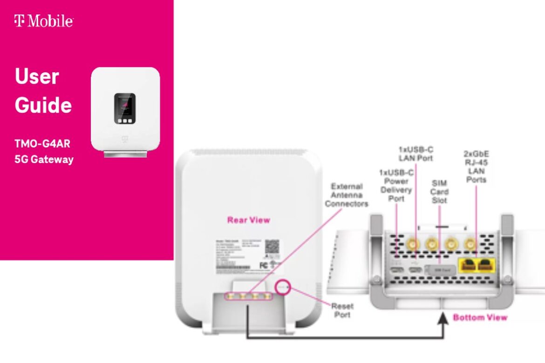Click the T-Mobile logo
(43, 21)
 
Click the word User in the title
(37, 76)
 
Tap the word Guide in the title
(43, 106)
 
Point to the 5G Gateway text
(44, 160)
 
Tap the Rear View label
(248, 220)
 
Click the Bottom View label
(480, 317)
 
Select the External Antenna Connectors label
(347, 195)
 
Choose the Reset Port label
(342, 310)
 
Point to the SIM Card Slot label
(439, 192)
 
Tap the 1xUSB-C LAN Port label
(416, 154)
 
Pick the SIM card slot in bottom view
(438, 269)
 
